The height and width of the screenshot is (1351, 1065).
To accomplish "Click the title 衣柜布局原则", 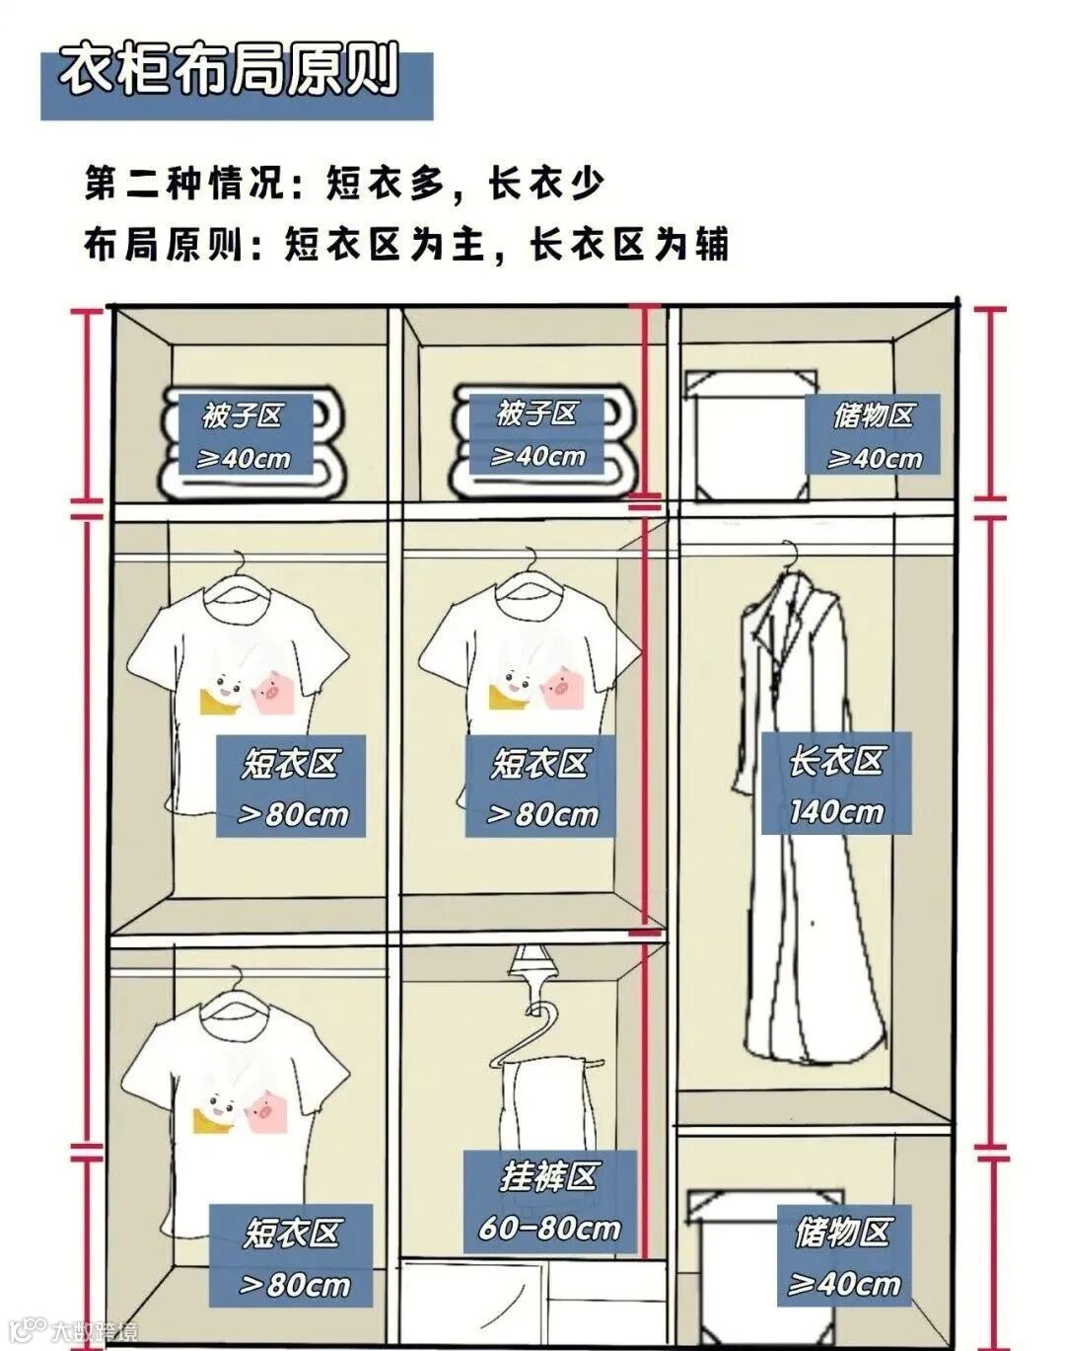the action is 229,71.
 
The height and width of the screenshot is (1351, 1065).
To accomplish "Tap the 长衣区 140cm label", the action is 835,785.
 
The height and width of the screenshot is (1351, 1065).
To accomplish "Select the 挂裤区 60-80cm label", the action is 549,1201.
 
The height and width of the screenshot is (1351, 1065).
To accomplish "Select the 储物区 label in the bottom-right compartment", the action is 843,1255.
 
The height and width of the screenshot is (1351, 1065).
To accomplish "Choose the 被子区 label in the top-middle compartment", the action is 537,434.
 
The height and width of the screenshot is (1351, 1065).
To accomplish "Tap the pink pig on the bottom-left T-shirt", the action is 264,1110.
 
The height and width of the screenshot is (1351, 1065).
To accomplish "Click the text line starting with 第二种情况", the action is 344,183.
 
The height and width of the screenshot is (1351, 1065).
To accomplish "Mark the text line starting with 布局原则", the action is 406,244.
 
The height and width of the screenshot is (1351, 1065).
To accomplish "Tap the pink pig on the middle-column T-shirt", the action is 558,688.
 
